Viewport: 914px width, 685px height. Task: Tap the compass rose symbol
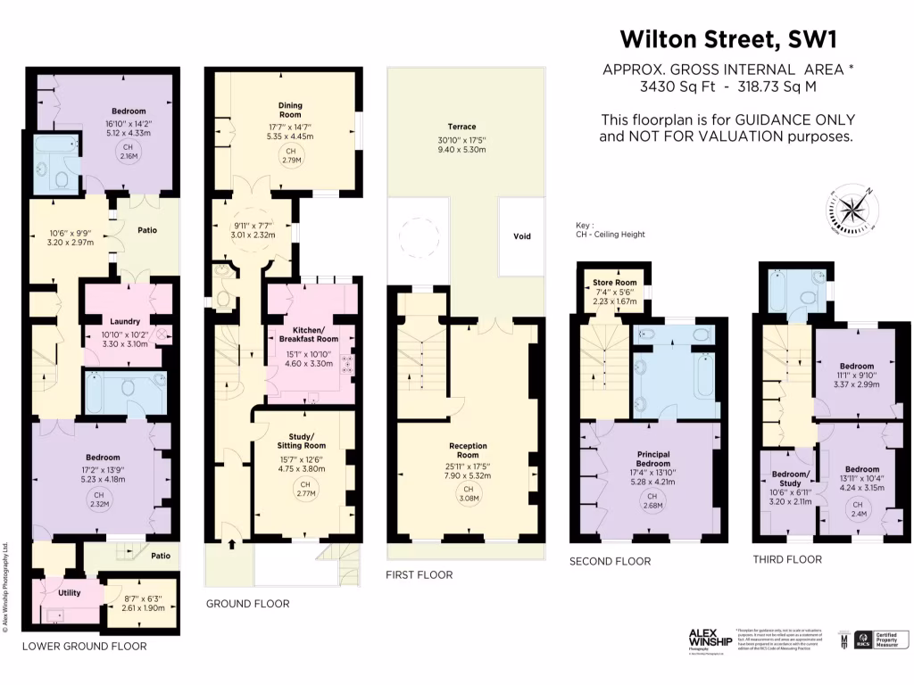point(854,210)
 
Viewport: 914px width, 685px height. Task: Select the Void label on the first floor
point(522,236)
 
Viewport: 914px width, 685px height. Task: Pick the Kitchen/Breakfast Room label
point(310,334)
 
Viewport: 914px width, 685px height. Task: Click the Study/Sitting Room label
point(302,440)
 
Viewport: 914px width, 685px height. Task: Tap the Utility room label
point(69,592)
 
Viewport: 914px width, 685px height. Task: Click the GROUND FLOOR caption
point(247,604)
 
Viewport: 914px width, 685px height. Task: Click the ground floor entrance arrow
point(234,542)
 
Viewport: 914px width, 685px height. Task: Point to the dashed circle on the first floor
point(419,239)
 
